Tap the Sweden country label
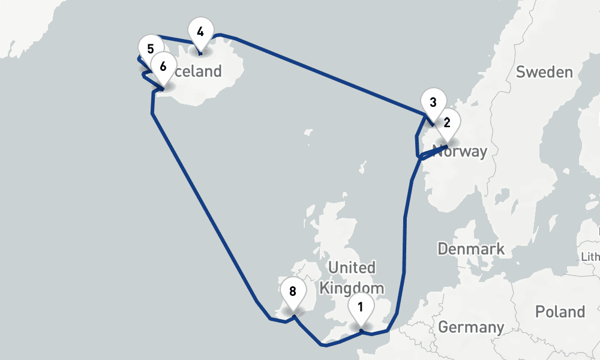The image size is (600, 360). [x=544, y=73]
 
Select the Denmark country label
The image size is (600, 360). [x=471, y=248]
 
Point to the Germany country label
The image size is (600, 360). [x=471, y=327]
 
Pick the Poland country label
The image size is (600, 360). [x=560, y=312]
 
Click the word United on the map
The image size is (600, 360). [x=352, y=267]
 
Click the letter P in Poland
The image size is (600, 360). [x=540, y=312]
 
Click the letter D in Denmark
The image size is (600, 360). [x=443, y=248]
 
